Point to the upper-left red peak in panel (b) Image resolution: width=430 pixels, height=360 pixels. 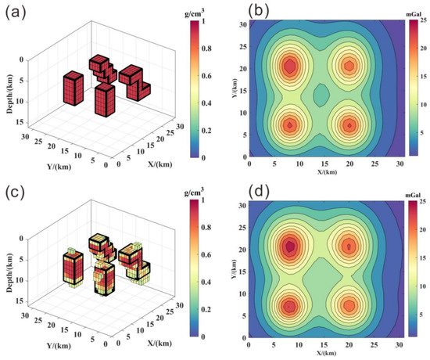tap(290, 66)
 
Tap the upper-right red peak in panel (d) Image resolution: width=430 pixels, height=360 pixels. tap(349, 246)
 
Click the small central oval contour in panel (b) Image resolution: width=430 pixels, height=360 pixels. tap(321, 95)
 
